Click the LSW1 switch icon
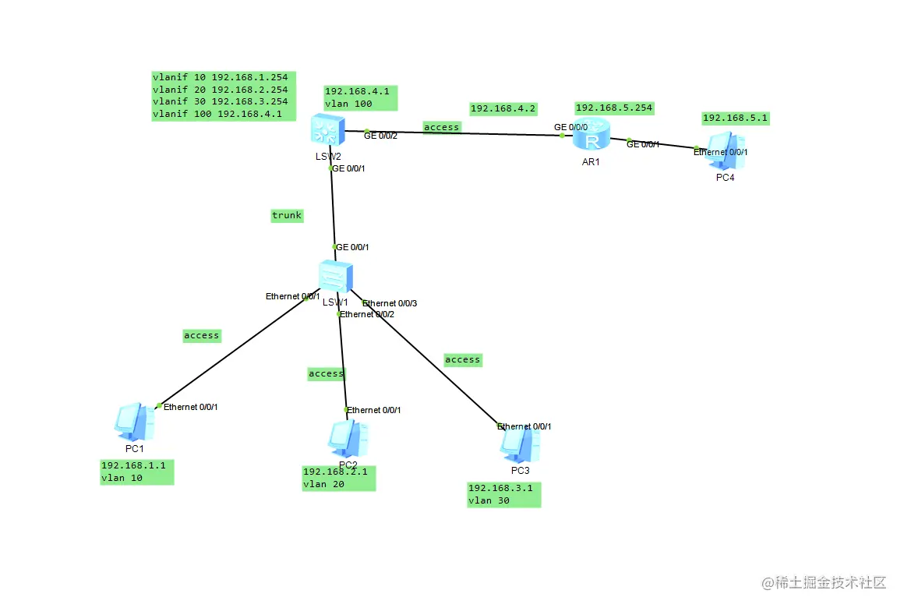(336, 277)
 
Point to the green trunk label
(287, 216)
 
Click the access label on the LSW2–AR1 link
(442, 126)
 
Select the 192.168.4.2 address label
(503, 109)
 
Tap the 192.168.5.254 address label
(614, 108)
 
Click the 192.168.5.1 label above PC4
(736, 118)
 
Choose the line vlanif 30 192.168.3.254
(221, 101)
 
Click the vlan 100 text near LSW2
(348, 104)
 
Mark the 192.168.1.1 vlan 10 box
(136, 472)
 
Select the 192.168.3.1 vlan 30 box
(504, 494)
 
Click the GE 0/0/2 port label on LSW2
(381, 136)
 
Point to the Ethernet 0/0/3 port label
(390, 303)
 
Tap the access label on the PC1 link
(201, 336)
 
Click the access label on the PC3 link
(462, 360)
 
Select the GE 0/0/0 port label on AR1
(570, 126)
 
